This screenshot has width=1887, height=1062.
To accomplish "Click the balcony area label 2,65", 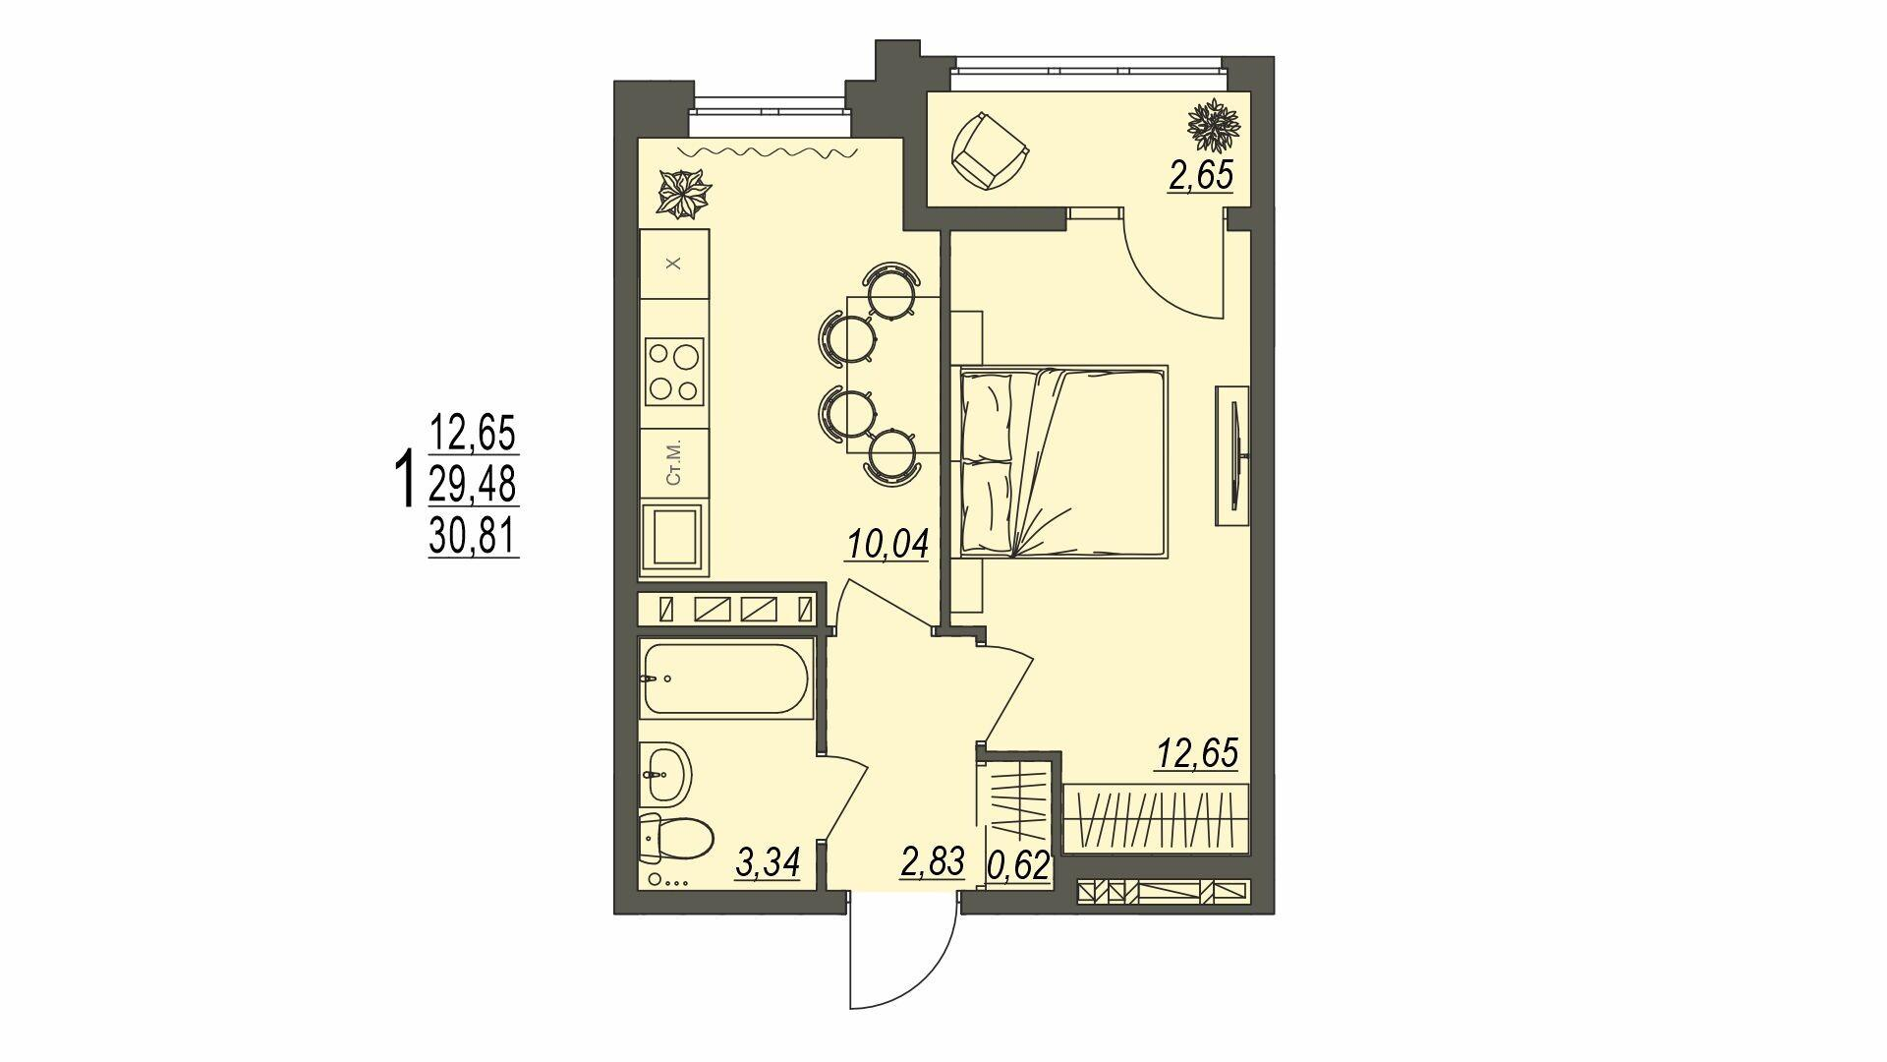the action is click(x=1200, y=178).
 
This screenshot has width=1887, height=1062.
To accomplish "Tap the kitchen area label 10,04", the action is click(x=887, y=544).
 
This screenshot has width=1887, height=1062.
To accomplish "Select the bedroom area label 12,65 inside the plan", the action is click(x=1195, y=753).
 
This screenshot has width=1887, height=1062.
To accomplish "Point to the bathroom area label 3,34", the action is click(x=768, y=863).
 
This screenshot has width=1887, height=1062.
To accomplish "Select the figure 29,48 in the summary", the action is click(x=474, y=484).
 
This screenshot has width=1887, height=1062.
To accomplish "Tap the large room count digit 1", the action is click(x=402, y=480).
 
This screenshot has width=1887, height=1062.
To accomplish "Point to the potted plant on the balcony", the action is click(x=1214, y=122).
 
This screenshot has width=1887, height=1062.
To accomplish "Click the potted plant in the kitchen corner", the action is click(x=683, y=193).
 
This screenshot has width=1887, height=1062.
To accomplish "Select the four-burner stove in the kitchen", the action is click(x=674, y=372).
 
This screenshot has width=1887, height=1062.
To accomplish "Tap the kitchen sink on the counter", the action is click(x=674, y=537).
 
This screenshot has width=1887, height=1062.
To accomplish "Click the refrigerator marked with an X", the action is click(x=674, y=265).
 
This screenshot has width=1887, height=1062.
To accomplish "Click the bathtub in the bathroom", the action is click(x=725, y=678).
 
